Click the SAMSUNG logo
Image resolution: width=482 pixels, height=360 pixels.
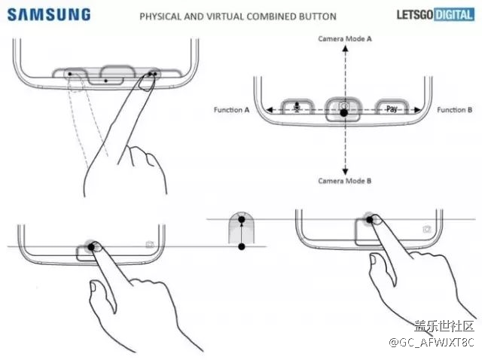click(x=49, y=14)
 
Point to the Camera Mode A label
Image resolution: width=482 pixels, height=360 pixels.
click(x=344, y=38)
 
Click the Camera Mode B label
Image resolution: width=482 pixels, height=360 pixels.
click(x=344, y=181)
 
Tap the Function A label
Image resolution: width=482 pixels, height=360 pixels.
click(x=231, y=110)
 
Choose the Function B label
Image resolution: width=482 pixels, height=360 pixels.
click(x=455, y=110)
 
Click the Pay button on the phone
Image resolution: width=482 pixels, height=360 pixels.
click(x=392, y=109)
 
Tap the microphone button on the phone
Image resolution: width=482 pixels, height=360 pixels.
click(x=297, y=109)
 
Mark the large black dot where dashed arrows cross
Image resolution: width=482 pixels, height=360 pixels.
click(x=344, y=112)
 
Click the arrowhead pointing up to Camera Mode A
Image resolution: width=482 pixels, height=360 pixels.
click(x=344, y=47)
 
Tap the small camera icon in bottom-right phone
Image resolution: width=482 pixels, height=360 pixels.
click(x=427, y=228)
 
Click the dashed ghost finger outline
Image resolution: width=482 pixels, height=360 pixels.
click(x=90, y=121)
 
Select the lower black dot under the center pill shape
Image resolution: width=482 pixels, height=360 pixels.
click(x=241, y=246)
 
